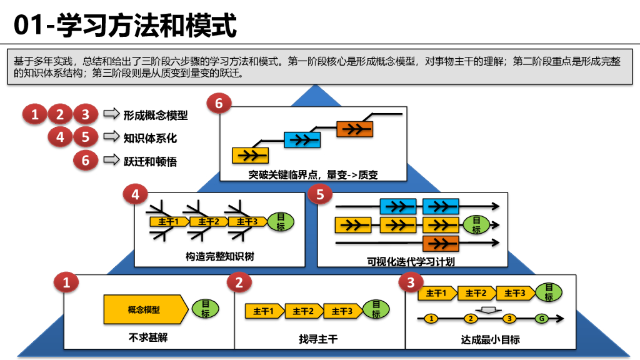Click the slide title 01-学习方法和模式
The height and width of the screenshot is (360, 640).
pyautogui.click(x=126, y=26)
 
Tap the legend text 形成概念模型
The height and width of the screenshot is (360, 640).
pyautogui.click(x=155, y=115)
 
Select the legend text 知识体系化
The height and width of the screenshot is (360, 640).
pyautogui.click(x=150, y=138)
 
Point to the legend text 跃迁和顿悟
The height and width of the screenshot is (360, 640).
pyautogui.click(x=150, y=161)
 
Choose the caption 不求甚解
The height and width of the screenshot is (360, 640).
pyautogui.click(x=148, y=337)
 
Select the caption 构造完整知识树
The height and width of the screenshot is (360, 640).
pyautogui.click(x=219, y=256)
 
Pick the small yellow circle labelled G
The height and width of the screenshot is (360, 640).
pyautogui.click(x=541, y=319)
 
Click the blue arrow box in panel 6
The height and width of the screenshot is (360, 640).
pyautogui.click(x=302, y=139)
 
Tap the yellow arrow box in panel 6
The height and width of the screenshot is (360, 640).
pyautogui.click(x=250, y=154)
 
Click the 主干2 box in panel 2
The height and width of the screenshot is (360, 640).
pyautogui.click(x=303, y=311)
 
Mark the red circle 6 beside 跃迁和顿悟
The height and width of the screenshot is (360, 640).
pyautogui.click(x=86, y=161)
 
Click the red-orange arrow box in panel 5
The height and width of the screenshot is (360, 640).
pyautogui.click(x=441, y=243)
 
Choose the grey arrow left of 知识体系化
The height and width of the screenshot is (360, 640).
pyautogui.click(x=111, y=137)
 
